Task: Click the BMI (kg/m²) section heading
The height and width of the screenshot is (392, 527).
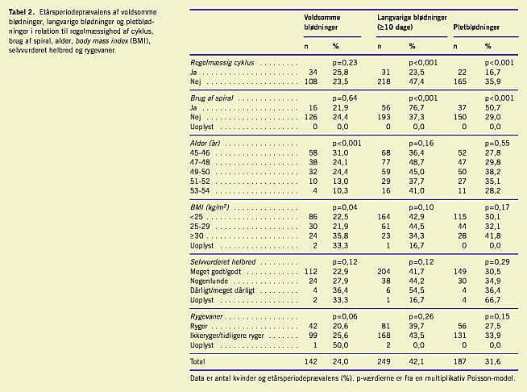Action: tap(213, 207)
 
